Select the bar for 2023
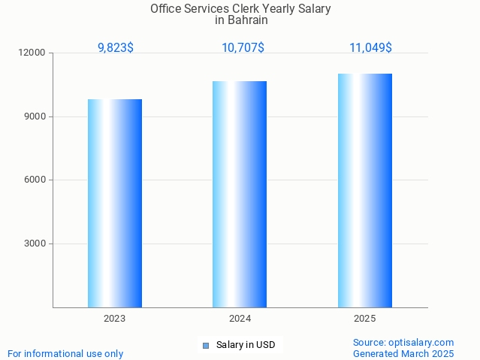point(115,203)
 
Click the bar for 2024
point(240,194)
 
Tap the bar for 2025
point(365,190)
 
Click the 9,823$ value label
point(116,48)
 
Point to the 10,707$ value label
point(243,48)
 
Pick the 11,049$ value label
point(370,48)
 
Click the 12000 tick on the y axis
point(33,53)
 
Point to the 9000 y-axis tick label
point(35,116)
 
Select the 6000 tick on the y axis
point(35,180)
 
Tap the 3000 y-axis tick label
point(35,244)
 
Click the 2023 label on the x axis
point(115,319)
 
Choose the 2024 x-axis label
point(240,319)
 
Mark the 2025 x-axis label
point(365,319)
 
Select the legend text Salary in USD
point(246,346)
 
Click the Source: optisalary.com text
point(403,343)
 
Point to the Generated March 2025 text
point(403,353)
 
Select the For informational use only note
point(65,353)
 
